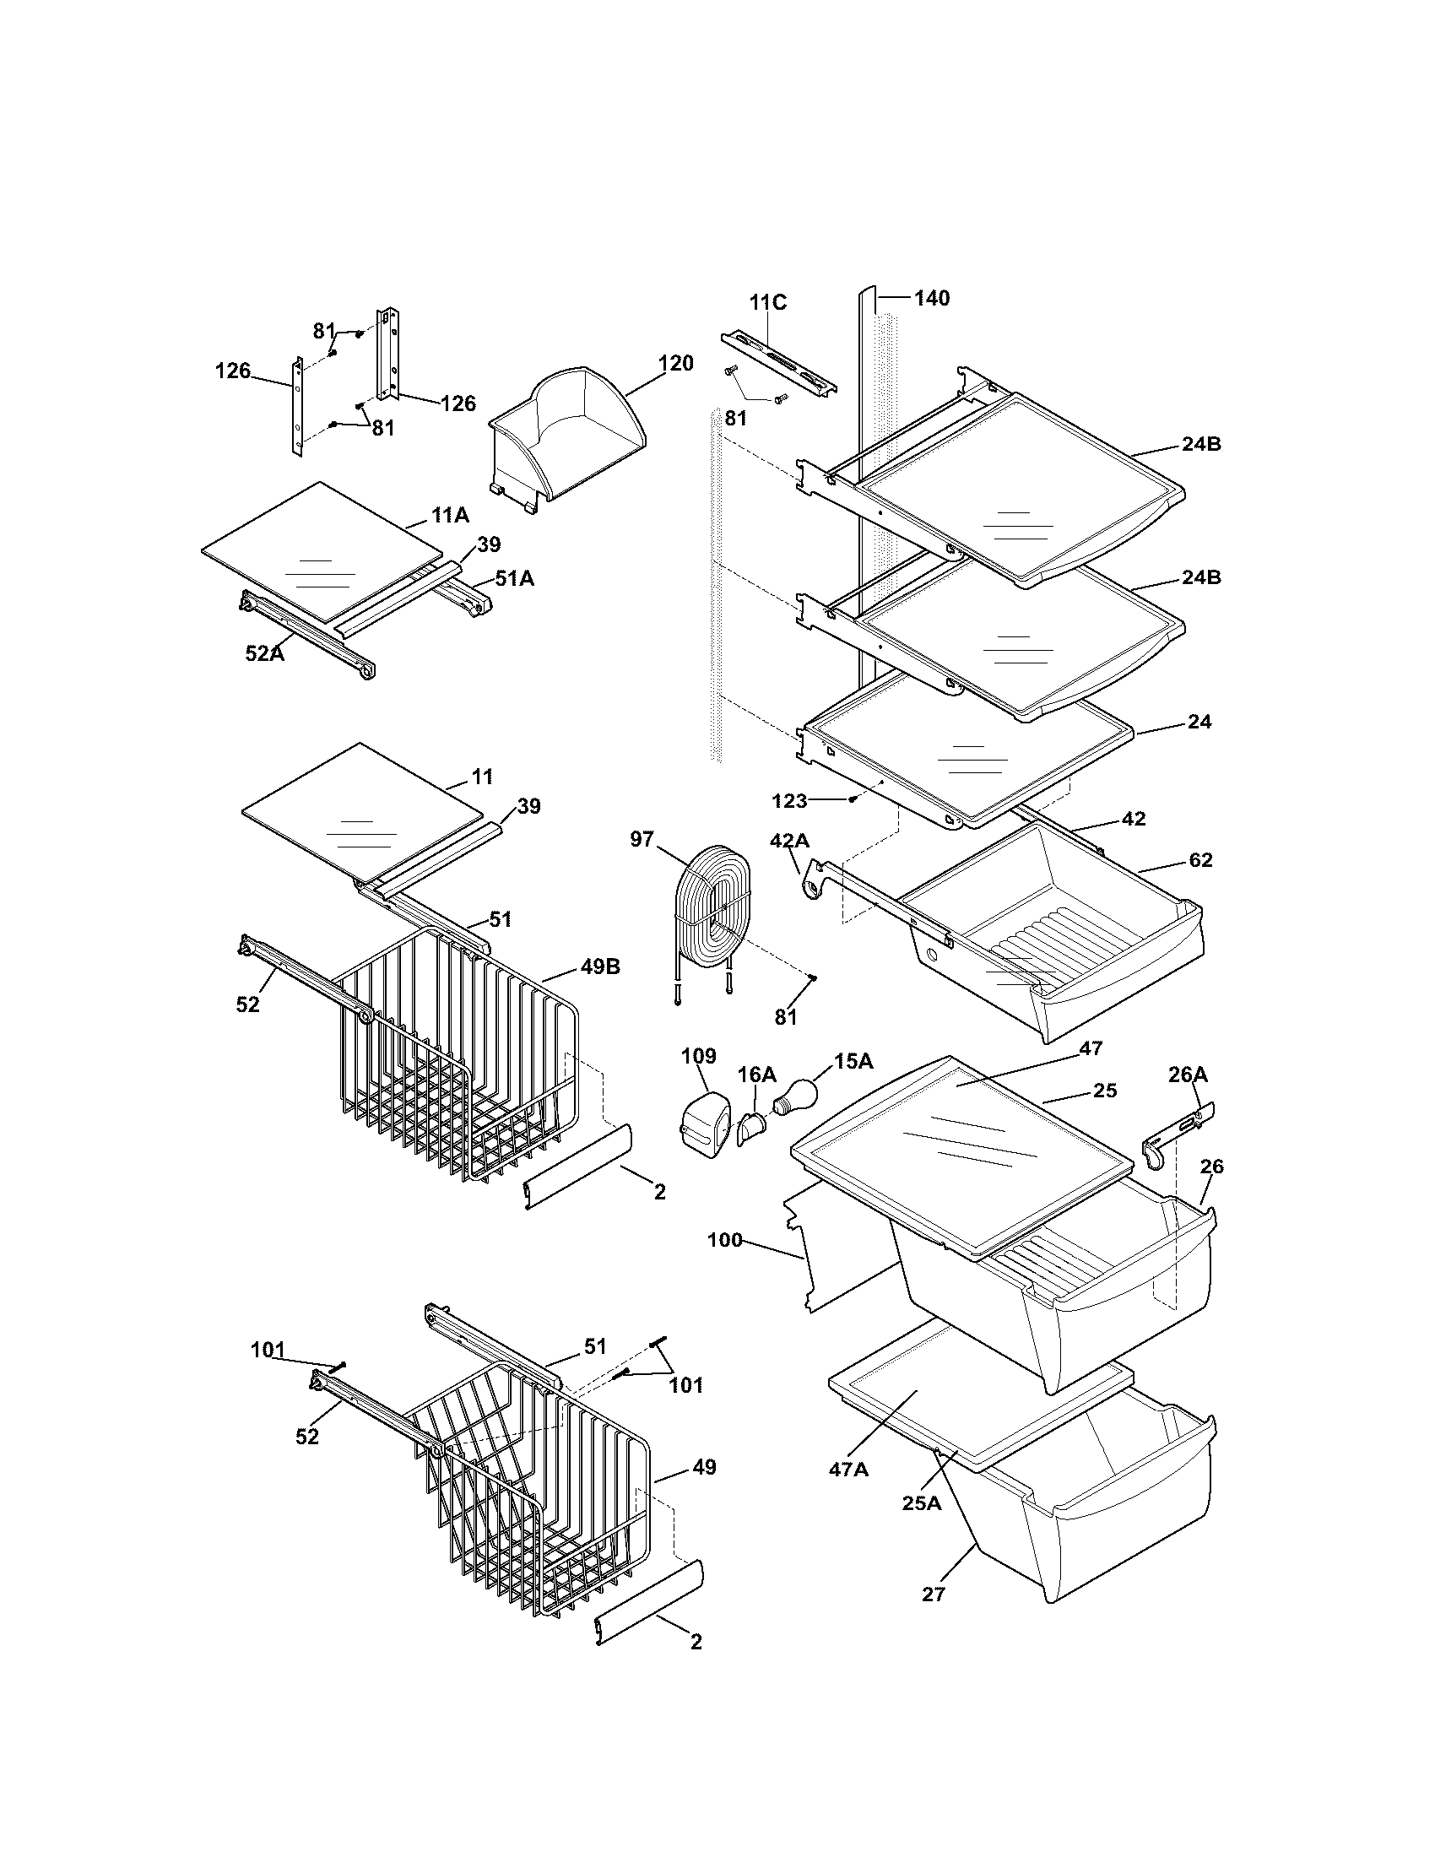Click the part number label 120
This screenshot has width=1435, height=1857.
676,363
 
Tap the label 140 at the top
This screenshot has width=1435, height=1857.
932,298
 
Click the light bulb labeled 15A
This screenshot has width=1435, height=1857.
796,1093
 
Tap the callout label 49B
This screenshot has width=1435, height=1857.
602,967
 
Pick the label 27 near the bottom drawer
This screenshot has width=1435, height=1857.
934,1594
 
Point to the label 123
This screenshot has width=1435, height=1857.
790,800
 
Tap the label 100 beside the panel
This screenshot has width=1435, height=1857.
725,1241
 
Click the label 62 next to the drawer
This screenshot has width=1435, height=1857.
1199,859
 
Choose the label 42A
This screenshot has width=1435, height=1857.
789,841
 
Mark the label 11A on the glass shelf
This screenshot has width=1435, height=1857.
450,515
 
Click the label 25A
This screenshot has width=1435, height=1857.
922,1502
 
